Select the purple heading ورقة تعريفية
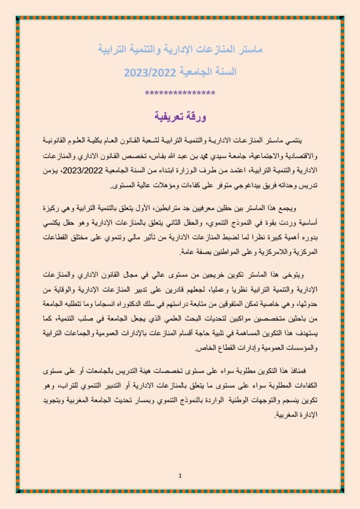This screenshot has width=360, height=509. [180, 117]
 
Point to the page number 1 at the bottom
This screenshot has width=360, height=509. [180, 476]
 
